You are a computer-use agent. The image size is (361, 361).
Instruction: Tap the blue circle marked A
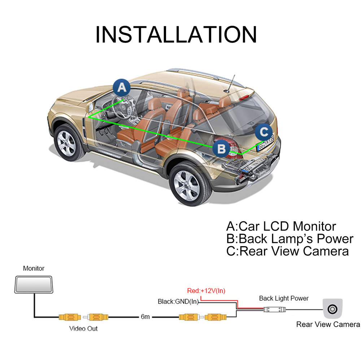[x=122, y=88]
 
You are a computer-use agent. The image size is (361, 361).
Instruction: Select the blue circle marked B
[x=222, y=148]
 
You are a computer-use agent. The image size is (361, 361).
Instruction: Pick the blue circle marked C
[x=264, y=131]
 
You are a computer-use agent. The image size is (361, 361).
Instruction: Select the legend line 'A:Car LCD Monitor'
[x=281, y=226]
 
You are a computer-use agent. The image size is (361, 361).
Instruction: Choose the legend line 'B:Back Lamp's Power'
[x=290, y=239]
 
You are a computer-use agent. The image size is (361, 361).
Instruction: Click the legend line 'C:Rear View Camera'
[x=287, y=251]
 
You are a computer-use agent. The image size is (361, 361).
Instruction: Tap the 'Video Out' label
[x=83, y=329]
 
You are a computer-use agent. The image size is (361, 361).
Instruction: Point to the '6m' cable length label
[x=145, y=317]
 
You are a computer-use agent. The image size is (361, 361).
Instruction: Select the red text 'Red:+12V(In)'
[x=206, y=291]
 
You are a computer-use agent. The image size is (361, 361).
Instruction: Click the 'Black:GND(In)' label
[x=178, y=301]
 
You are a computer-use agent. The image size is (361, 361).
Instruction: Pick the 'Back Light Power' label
[x=284, y=298]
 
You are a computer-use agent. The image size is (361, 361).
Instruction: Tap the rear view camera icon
[x=332, y=309]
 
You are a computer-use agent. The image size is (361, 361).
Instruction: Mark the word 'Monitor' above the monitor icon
[x=34, y=268]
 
